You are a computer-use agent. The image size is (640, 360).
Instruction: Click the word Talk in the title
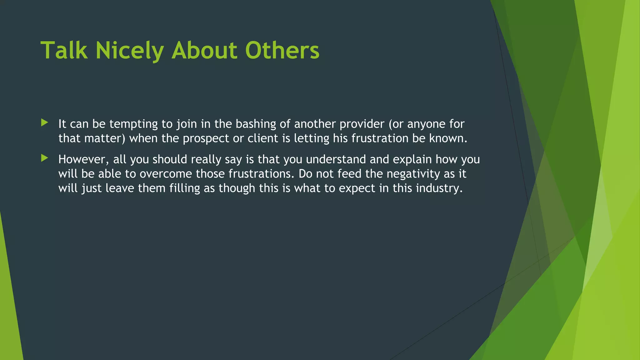coord(64,50)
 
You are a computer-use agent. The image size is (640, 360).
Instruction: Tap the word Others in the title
coord(282,50)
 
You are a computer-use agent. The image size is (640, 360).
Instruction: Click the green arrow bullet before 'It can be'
coord(44,122)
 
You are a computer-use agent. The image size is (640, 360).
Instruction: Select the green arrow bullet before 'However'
coord(44,158)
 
